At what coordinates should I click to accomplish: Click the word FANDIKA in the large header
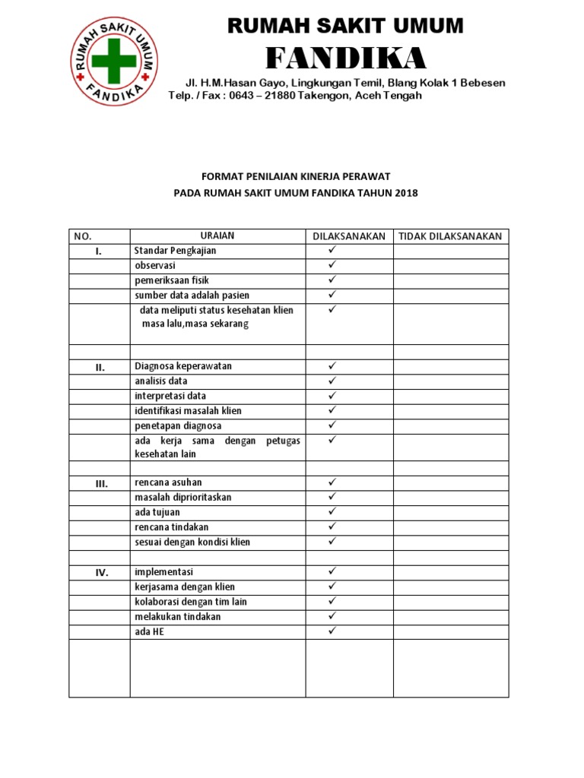[x=346, y=58]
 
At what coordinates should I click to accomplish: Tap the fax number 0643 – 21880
[x=257, y=96]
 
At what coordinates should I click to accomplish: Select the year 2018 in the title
[x=406, y=193]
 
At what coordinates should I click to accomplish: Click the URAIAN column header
[x=217, y=236]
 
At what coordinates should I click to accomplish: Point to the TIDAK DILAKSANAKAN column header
[x=450, y=236]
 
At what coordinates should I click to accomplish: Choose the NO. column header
[x=83, y=236]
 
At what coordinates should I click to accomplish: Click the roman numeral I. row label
[x=99, y=251]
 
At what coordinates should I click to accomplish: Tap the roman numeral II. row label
[x=99, y=367]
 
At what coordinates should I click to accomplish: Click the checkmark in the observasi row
[x=332, y=264]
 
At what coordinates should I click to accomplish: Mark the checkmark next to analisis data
[x=332, y=381]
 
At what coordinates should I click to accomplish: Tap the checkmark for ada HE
[x=332, y=631]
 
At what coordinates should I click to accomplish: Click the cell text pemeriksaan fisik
[x=171, y=280]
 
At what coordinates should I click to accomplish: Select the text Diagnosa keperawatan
[x=182, y=366]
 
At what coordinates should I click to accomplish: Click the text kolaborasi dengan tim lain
[x=190, y=602]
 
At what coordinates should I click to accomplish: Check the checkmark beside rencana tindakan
[x=332, y=527]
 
